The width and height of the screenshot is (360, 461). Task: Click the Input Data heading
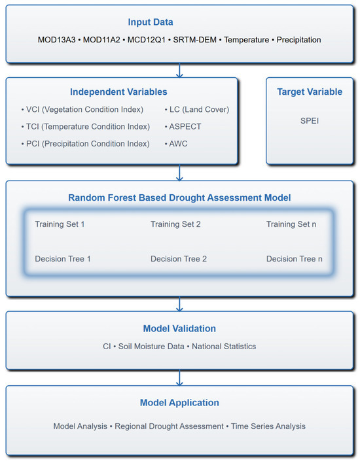(179, 22)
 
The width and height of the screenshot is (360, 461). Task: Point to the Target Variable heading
(310, 92)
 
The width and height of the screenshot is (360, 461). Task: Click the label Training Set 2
(175, 224)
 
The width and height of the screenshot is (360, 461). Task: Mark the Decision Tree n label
(294, 259)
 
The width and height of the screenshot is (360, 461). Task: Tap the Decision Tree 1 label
(63, 259)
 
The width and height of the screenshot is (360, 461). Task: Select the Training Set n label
(291, 224)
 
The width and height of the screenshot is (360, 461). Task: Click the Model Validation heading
(179, 328)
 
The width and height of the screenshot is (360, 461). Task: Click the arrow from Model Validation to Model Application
(179, 377)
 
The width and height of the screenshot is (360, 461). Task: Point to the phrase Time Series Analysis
(266, 426)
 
